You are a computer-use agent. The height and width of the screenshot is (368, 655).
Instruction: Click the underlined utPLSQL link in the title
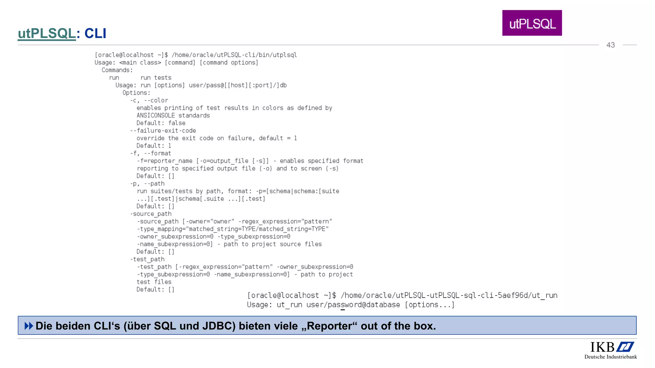tap(47, 34)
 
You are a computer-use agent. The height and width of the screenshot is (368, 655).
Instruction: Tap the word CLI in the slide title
tap(95, 34)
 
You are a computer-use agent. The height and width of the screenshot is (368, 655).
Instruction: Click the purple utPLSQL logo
tap(532, 23)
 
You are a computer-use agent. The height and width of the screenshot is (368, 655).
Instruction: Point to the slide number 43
tap(611, 45)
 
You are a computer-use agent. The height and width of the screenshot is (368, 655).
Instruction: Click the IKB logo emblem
tap(625, 347)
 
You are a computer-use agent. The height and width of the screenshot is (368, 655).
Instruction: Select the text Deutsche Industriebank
tap(611, 357)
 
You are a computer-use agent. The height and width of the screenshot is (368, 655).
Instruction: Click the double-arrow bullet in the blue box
tap(29, 326)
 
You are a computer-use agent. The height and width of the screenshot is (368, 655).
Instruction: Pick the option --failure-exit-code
tap(163, 131)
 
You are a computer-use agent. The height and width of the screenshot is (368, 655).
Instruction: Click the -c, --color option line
tap(149, 100)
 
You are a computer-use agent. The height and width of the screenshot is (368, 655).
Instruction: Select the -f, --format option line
tap(150, 153)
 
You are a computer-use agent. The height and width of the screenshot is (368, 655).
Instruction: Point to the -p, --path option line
tap(147, 184)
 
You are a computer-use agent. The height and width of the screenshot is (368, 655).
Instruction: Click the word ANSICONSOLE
tap(156, 116)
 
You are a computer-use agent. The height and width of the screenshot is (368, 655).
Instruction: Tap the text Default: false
tap(161, 123)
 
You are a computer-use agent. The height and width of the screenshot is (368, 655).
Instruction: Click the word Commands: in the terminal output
tap(117, 70)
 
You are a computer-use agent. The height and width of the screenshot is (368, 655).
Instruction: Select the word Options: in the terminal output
tap(136, 93)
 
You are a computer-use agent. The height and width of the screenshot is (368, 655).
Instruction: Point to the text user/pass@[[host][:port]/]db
tap(238, 85)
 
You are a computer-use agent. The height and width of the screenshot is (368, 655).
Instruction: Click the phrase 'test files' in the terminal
tap(154, 282)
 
